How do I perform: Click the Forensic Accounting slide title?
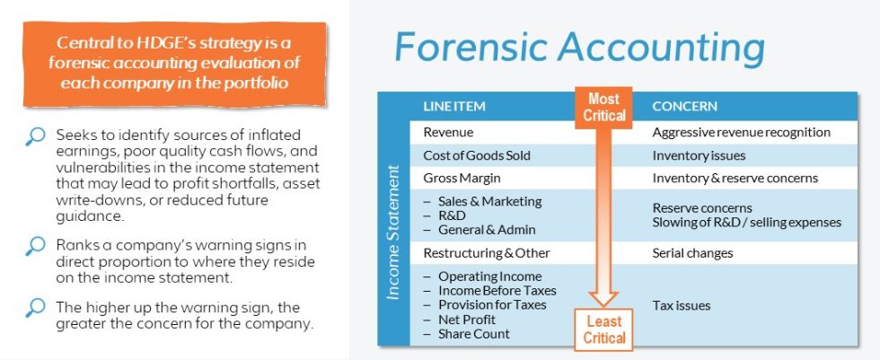coord(579,46)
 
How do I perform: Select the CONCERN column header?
coord(684,106)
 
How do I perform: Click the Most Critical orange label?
coord(603,107)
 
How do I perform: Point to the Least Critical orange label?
coord(603,329)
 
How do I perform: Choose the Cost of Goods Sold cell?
coord(476,155)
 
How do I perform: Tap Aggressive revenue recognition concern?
coord(741,132)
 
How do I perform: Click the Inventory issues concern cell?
coord(700,155)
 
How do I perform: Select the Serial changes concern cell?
coord(692,253)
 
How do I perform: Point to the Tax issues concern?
coord(681,305)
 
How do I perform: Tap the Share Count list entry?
coord(473,334)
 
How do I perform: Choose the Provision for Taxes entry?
coord(492,305)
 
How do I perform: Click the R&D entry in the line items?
coord(451,215)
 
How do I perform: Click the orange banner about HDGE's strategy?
coord(175,63)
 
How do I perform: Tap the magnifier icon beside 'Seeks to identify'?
coord(35,136)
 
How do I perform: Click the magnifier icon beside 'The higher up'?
coord(35,308)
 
